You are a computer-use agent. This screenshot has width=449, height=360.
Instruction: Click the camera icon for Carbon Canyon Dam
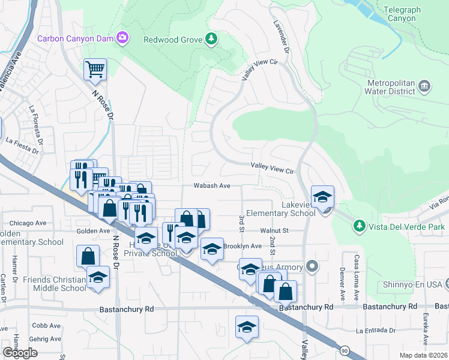click(122, 39)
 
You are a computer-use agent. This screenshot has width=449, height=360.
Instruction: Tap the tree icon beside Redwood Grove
click(211, 40)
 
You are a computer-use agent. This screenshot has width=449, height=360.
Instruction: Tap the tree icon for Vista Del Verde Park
click(359, 226)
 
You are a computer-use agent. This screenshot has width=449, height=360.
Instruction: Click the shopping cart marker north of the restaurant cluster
click(95, 69)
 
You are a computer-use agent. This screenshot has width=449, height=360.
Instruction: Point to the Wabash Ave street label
click(212, 186)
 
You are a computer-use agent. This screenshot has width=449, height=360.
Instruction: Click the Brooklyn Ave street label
click(243, 246)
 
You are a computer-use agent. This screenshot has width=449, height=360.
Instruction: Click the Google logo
click(20, 353)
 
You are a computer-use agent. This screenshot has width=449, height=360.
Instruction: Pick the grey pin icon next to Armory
click(311, 265)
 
